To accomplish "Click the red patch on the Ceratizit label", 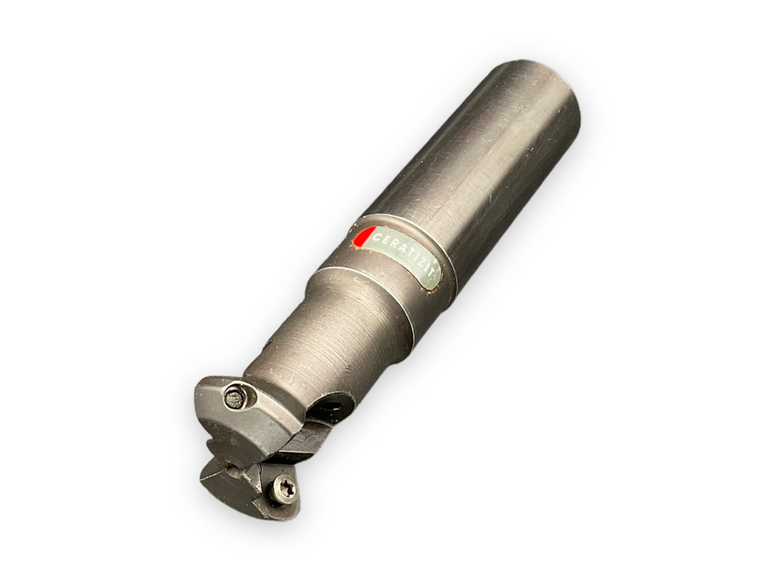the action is point(364,238).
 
